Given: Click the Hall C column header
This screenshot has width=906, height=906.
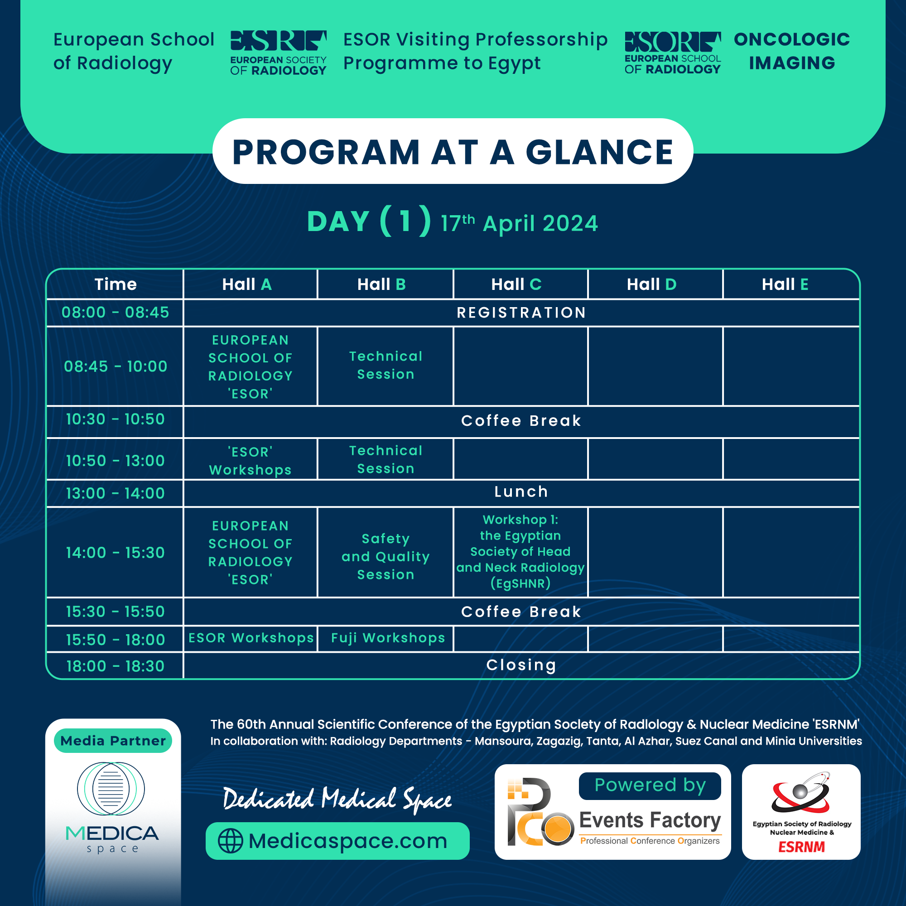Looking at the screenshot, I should [x=516, y=284].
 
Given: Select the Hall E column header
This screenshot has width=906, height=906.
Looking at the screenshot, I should [x=785, y=284].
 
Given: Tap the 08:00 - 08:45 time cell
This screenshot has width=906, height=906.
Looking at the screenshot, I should [x=115, y=312].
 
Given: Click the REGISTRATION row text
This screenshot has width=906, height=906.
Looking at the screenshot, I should [x=521, y=312].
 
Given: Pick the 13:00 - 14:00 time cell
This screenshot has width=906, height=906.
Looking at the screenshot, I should [x=115, y=493].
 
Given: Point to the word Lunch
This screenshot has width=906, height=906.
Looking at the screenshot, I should [x=521, y=492].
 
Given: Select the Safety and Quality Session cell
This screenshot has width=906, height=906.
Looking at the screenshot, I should [x=386, y=556].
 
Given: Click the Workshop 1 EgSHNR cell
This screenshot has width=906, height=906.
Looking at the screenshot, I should [x=520, y=551].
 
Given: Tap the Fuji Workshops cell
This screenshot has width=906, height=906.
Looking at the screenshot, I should [x=388, y=638].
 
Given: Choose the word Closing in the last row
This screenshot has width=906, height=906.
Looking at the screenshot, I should [x=521, y=665].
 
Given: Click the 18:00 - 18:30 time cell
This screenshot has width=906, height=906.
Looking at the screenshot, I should [x=115, y=666].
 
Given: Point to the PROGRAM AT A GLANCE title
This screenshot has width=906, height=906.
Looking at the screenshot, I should [x=453, y=152].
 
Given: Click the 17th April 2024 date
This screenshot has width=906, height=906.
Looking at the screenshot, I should [x=519, y=223].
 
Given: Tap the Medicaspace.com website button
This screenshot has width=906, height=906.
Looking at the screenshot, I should [x=337, y=841].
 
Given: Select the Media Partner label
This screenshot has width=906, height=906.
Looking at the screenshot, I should [x=113, y=741].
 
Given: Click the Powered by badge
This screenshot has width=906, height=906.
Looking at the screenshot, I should [x=650, y=786].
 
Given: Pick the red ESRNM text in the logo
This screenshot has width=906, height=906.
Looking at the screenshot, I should [x=801, y=847].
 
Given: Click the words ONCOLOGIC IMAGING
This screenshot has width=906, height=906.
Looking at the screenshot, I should [x=791, y=51].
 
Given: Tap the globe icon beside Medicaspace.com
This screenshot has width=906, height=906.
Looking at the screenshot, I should [x=230, y=841].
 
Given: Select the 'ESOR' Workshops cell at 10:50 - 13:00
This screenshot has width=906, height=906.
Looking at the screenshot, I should [x=250, y=461].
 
